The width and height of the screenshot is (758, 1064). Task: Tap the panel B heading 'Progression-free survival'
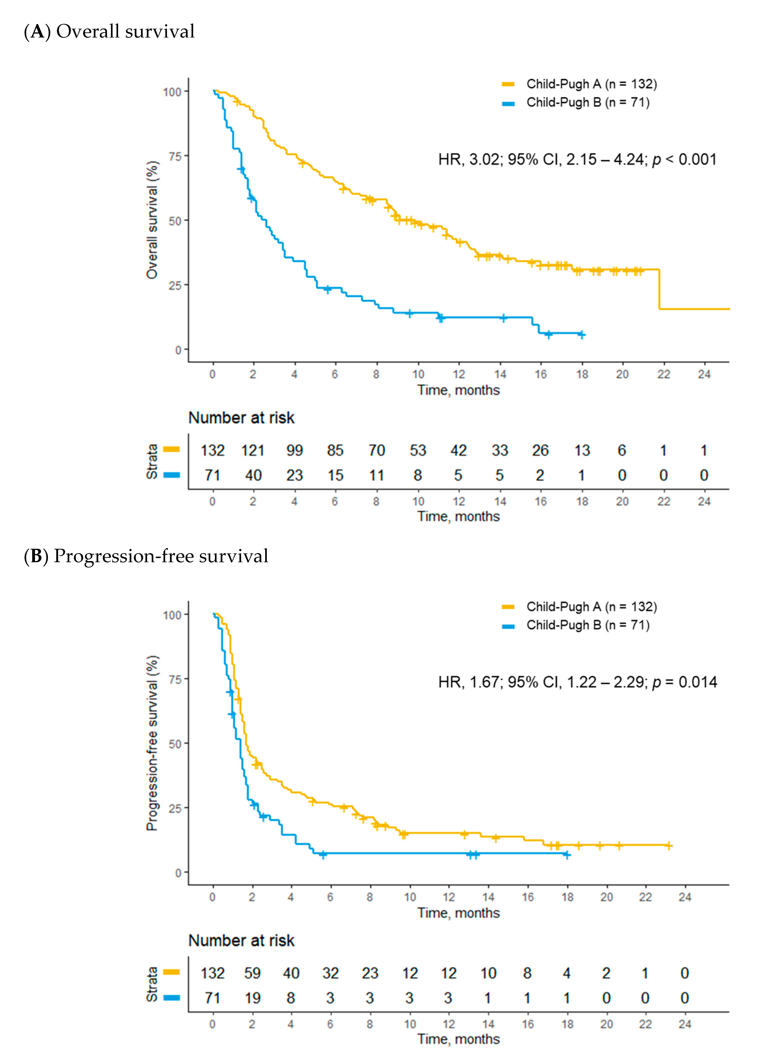point(160,556)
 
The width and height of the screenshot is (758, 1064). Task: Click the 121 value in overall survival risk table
point(252,451)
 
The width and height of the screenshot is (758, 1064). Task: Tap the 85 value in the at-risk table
point(335,451)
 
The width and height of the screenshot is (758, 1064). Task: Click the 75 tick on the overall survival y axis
point(175,156)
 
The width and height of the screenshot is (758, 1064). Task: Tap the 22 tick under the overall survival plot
point(663,374)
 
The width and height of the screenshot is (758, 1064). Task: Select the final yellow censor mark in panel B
point(668,846)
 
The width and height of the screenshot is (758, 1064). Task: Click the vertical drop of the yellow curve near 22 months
point(659,289)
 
